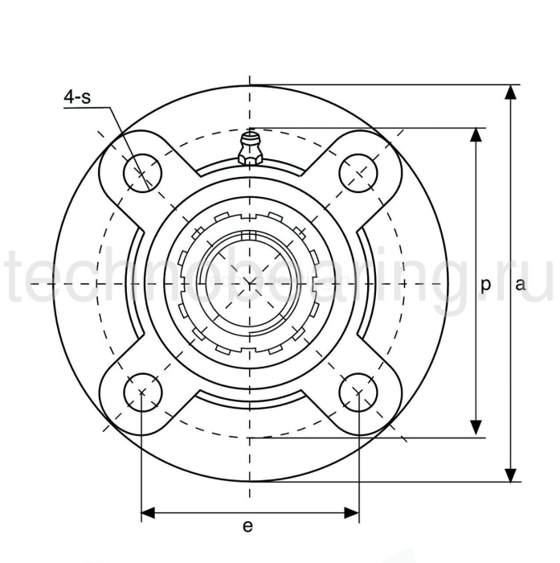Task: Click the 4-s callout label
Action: (x=77, y=98)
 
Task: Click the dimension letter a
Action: (x=520, y=284)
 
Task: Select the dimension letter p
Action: (x=485, y=284)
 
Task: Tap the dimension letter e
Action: (x=247, y=526)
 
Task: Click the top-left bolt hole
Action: (x=142, y=171)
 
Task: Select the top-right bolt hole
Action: (x=358, y=171)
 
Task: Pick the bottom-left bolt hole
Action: (x=142, y=392)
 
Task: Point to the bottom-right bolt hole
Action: (x=358, y=392)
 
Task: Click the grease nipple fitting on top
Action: (x=250, y=150)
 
